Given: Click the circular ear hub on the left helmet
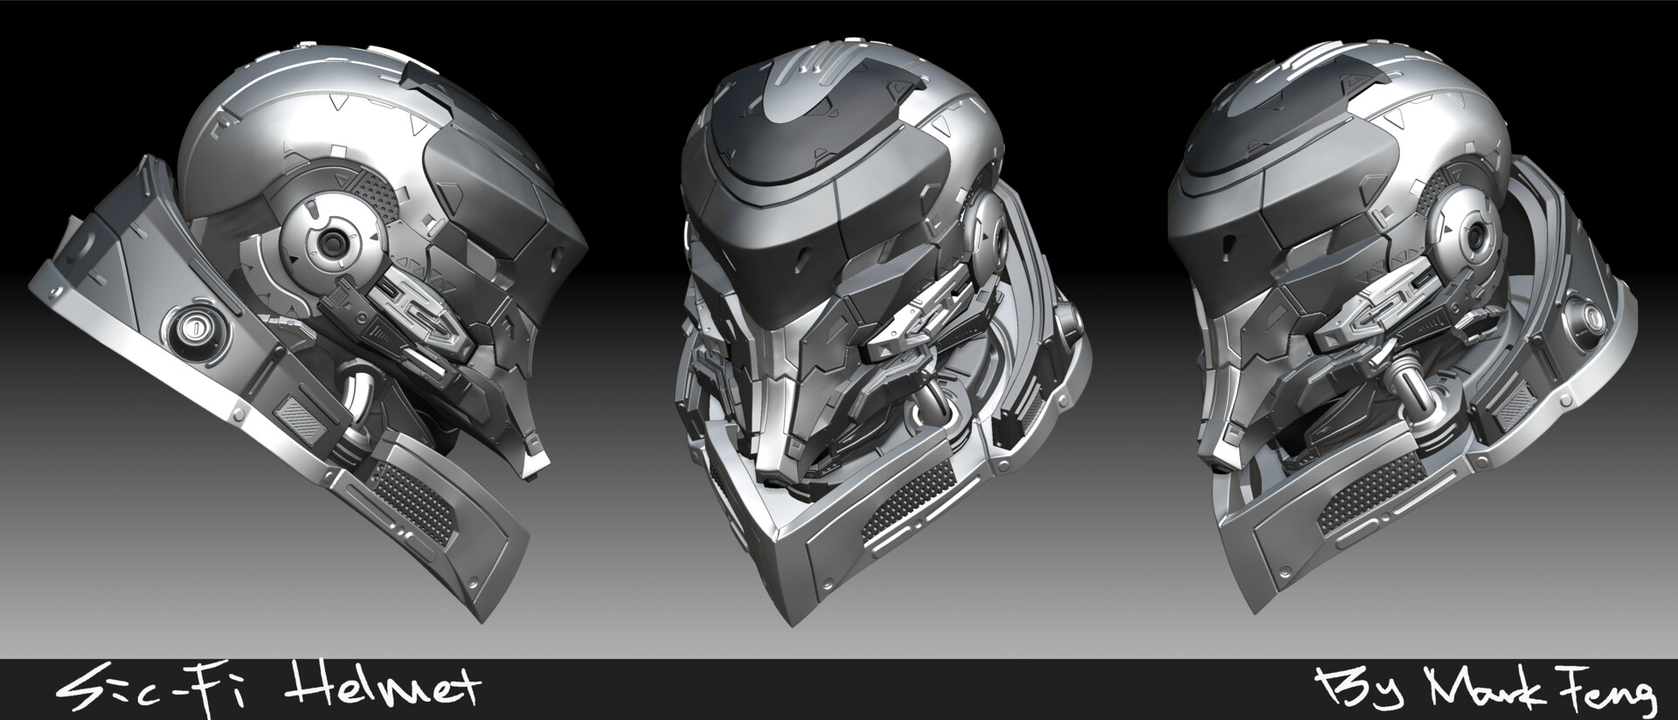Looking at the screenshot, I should coord(331,243).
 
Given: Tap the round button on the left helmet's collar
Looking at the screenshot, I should coord(199,329).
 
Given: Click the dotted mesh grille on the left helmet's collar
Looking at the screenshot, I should coord(412,499).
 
